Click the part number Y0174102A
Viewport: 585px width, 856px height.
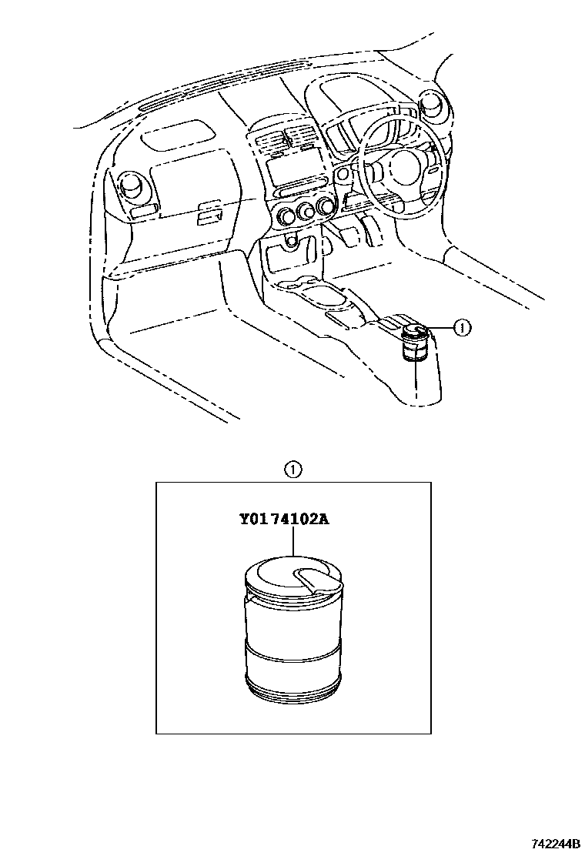click(x=284, y=518)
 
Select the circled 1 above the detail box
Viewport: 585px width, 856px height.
click(x=293, y=470)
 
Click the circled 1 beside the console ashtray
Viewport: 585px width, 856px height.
click(x=462, y=328)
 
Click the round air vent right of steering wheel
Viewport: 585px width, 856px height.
click(x=435, y=105)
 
